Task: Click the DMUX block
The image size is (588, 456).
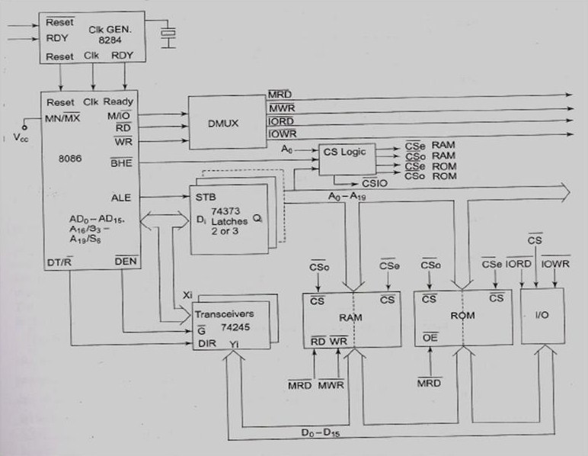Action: click(225, 123)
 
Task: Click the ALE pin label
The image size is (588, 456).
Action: click(120, 197)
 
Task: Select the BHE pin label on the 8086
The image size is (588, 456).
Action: click(120, 162)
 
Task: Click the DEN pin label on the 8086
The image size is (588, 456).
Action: click(124, 263)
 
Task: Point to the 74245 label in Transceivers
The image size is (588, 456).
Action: click(229, 328)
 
